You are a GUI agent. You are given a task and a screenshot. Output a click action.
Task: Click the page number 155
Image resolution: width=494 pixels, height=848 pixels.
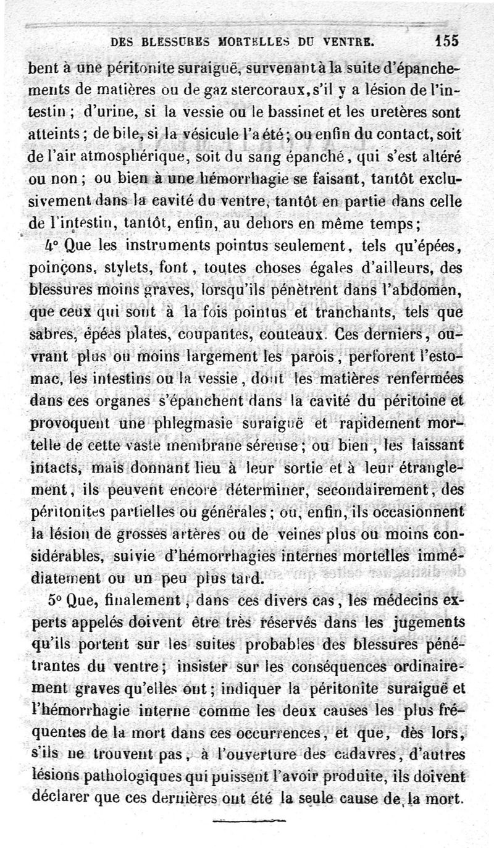446,41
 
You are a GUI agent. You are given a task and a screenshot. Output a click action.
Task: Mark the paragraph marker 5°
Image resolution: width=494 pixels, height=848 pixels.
38,600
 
